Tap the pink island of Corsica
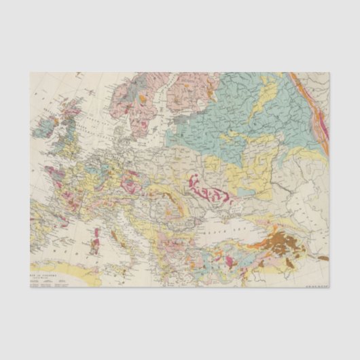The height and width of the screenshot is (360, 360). click(x=96, y=233)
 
